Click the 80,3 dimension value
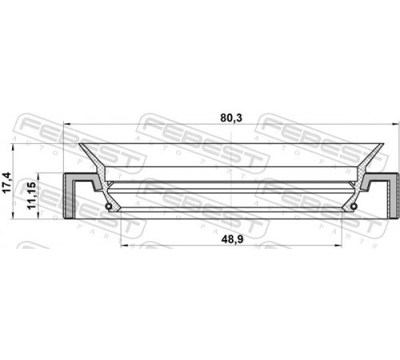[x=231, y=118]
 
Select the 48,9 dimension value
[x=232, y=239]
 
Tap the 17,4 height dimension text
[x=6, y=182]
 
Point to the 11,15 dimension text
[x=31, y=195]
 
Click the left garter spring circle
[x=108, y=206]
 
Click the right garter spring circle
[x=354, y=206]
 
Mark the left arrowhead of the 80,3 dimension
[x=66, y=124]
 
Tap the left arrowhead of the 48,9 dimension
[x=124, y=246]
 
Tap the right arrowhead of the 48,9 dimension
[x=338, y=246]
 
